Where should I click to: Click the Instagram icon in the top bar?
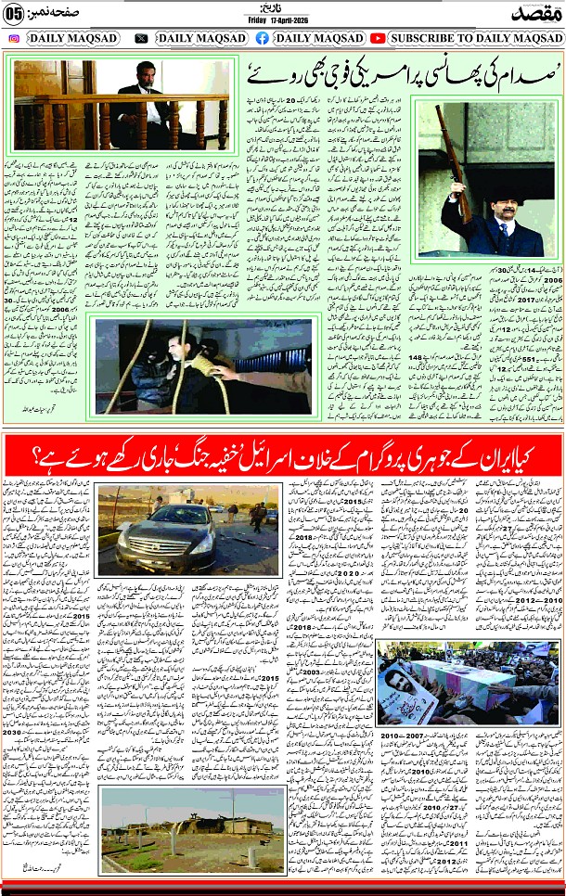pos(14,38)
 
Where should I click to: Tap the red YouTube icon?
pos(378,38)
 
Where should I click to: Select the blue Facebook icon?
pos(263,38)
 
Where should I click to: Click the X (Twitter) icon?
pos(141,38)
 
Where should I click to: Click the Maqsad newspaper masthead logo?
pos(534,12)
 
